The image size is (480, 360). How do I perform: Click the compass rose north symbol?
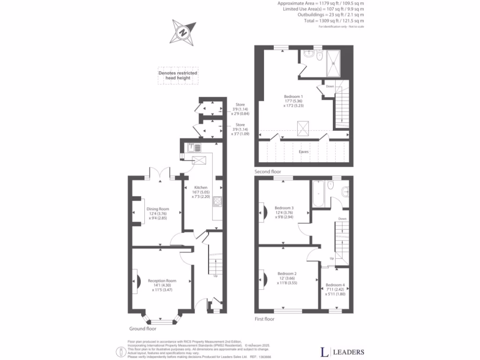tap(183, 32)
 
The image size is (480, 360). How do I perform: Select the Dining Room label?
tap(158, 209)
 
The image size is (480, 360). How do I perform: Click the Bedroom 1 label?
tap(293, 97)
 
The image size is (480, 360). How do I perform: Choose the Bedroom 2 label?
tap(287, 273)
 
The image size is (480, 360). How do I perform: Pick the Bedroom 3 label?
tap(284, 208)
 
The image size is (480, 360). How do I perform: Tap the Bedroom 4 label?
tap(335, 285)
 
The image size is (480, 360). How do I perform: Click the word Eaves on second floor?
tap(304, 151)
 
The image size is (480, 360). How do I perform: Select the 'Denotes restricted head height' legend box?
tap(178, 76)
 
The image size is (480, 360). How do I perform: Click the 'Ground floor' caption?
tap(141, 329)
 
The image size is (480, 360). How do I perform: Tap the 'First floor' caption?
tap(265, 319)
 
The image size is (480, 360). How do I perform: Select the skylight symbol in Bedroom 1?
tap(303, 127)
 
